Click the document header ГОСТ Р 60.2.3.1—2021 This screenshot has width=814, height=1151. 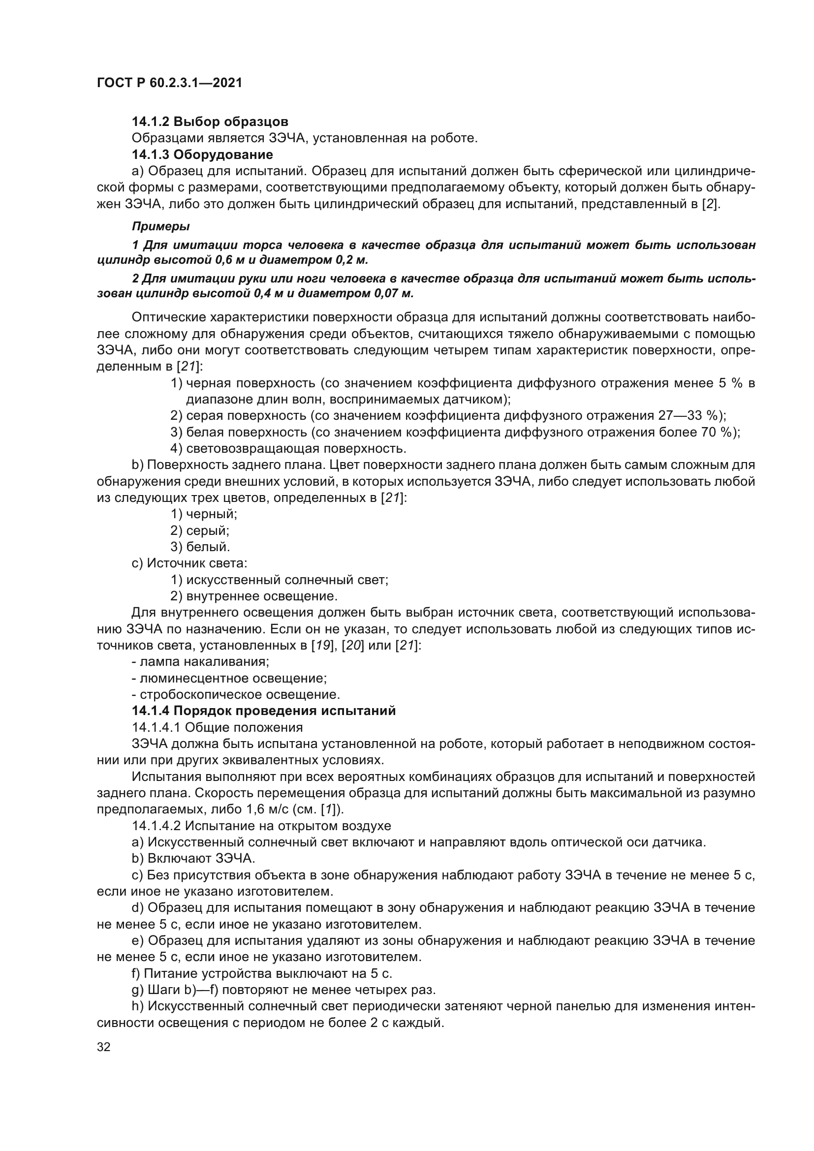169,83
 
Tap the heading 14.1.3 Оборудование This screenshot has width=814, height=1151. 202,155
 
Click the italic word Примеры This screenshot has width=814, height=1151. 160,226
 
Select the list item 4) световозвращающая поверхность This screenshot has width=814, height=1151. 288,448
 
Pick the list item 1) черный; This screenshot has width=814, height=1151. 204,514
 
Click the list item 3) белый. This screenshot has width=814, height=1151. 200,547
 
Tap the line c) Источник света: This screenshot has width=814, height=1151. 189,563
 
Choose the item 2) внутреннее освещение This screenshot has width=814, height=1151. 253,596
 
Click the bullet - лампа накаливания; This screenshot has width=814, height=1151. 200,662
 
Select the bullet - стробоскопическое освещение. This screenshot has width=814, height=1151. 236,695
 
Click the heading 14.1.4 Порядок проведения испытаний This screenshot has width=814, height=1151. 264,711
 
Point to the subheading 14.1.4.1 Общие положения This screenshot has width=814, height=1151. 217,727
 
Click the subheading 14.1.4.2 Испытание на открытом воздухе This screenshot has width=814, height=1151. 261,826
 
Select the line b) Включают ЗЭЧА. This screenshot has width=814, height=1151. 193,859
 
